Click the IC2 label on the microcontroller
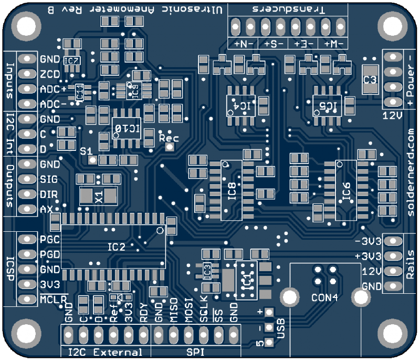(116, 246)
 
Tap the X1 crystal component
(98, 196)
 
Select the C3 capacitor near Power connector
(370, 79)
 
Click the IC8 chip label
(233, 191)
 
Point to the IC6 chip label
(346, 191)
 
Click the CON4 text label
(324, 297)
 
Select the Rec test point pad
(169, 148)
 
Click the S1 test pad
(92, 159)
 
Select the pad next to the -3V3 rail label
(391, 241)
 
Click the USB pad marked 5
(269, 343)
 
